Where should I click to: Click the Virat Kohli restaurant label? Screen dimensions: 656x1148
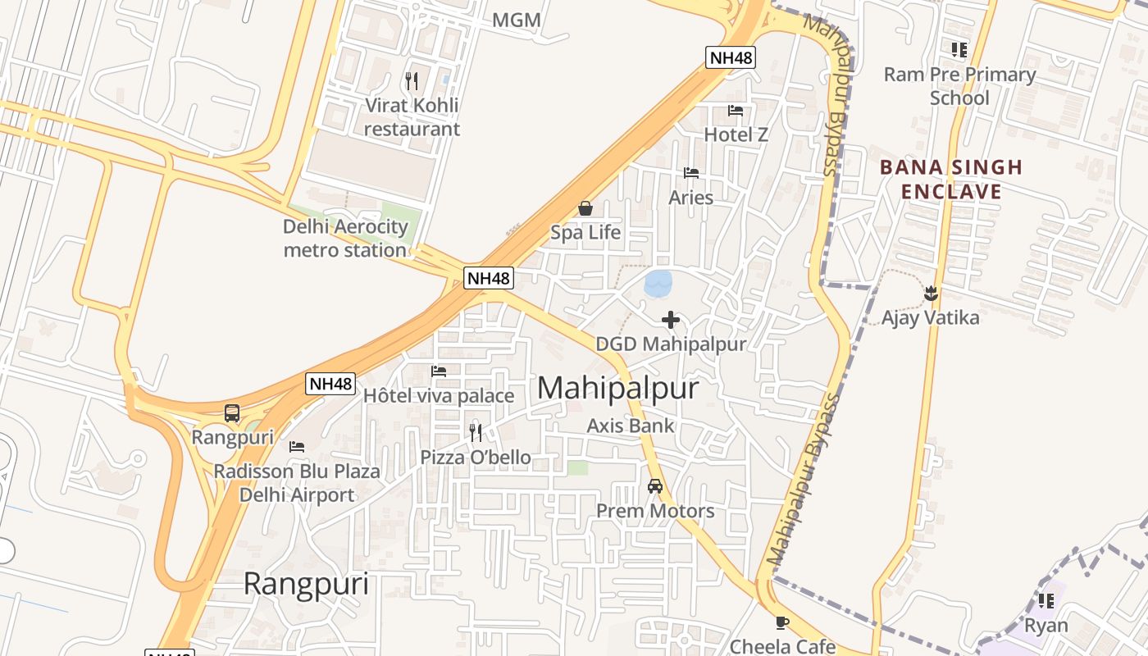coord(412,117)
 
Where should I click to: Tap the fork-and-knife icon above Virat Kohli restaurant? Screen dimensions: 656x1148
coord(412,81)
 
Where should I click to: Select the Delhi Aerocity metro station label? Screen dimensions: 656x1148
coord(345,238)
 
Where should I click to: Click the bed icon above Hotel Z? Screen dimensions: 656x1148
coord(736,111)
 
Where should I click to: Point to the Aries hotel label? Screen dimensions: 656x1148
coord(691,198)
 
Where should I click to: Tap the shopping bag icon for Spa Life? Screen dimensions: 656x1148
coord(585,208)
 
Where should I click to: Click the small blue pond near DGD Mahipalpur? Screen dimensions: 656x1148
coord(658,284)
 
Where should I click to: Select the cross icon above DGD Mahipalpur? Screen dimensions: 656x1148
coord(671,320)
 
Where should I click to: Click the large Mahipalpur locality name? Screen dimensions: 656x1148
coord(617,389)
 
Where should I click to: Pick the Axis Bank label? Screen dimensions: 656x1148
coord(631,426)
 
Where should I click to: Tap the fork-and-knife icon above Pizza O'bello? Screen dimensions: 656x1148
coord(476,432)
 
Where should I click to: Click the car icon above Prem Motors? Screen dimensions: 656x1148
coord(655,486)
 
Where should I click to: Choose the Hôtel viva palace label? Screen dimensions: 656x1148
coord(439,396)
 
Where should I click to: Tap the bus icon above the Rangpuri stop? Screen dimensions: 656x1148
coord(232,413)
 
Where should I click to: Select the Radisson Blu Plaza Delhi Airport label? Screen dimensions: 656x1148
coord(297,483)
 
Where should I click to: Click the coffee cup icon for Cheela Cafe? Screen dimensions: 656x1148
coord(782,623)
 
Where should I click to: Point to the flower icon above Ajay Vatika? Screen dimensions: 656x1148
coord(931,293)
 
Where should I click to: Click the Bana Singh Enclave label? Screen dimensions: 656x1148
coord(951,180)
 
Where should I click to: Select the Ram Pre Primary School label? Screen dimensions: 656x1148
coord(959,86)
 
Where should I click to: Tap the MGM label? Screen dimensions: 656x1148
coord(516,20)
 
